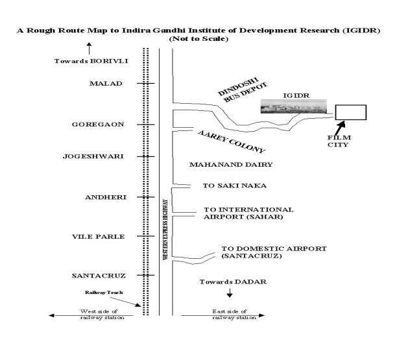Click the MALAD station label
pyautogui.click(x=106, y=83)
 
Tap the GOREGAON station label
pyautogui.click(x=98, y=125)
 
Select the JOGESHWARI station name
pyautogui.click(x=93, y=156)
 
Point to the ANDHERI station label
pyautogui.click(x=106, y=197)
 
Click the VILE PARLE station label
pyautogui.click(x=98, y=237)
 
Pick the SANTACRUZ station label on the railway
pyautogui.click(x=99, y=276)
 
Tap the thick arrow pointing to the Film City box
pyautogui.click(x=340, y=128)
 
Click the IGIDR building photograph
pyautogui.click(x=294, y=106)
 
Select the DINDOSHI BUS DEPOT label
pyautogui.click(x=243, y=90)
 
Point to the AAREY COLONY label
pyautogui.click(x=231, y=142)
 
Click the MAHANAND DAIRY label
pyautogui.click(x=231, y=165)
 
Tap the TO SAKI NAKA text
pyautogui.click(x=235, y=186)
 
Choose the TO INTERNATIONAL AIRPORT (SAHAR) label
pyautogui.click(x=248, y=213)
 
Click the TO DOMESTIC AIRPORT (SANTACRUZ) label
pyautogui.click(x=274, y=252)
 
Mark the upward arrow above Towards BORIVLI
pyautogui.click(x=89, y=49)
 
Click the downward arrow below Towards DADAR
pyautogui.click(x=230, y=293)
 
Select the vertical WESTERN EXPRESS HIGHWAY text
pyautogui.click(x=165, y=230)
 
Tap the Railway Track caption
pyautogui.click(x=104, y=293)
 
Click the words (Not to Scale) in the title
pyautogui.click(x=198, y=39)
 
